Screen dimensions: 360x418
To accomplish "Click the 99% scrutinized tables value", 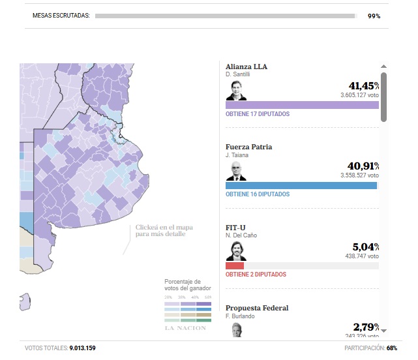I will click(374, 16).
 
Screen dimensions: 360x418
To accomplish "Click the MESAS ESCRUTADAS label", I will click(62, 16).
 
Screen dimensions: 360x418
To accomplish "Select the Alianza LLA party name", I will click(246, 67).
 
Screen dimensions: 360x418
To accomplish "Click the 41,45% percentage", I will click(364, 85).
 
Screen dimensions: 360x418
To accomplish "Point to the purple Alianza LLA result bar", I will click(302, 104).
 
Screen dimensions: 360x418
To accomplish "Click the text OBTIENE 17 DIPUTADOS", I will click(258, 114).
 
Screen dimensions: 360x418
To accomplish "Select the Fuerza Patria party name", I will click(249, 147).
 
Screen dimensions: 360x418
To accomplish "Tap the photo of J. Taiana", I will click(235, 171).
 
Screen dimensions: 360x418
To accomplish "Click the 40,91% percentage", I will click(364, 166).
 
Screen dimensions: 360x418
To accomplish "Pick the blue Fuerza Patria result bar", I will click(301, 185).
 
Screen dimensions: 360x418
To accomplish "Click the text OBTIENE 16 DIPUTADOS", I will click(258, 194).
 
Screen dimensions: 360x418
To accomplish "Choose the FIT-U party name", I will click(235, 227).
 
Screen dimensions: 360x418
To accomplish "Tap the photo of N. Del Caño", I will click(235, 251).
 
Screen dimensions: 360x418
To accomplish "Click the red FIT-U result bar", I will click(235, 265).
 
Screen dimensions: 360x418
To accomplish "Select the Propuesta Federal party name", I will click(257, 308).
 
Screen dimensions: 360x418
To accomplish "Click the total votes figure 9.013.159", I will click(82, 348).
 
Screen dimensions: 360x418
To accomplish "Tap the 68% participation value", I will click(392, 348).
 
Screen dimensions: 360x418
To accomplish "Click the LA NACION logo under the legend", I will click(185, 327).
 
